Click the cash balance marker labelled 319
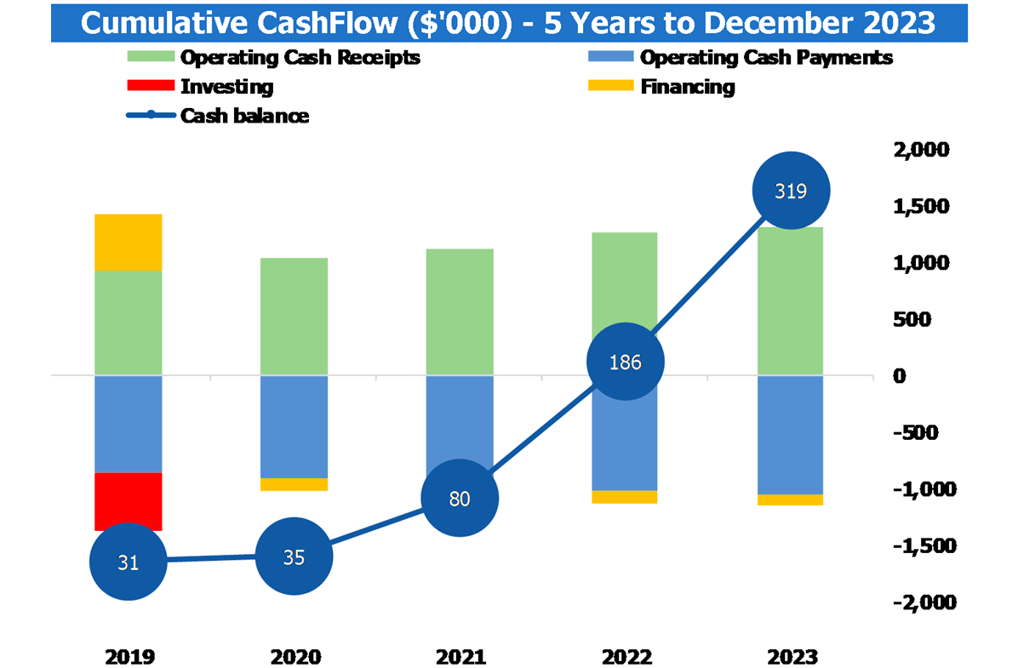point(791,191)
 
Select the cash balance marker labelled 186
point(626,362)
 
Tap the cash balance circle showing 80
point(460,499)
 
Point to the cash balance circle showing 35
point(294,557)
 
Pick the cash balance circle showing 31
point(128,562)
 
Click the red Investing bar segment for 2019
point(128,500)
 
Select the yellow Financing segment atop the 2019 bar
point(128,242)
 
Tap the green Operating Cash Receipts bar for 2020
point(294,316)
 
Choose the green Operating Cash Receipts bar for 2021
point(460,311)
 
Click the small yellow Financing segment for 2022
point(626,497)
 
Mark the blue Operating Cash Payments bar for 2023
point(791,434)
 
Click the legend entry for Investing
point(226,87)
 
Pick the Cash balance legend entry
point(243,116)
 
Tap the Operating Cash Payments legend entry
point(765,58)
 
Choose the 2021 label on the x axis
point(460,657)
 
